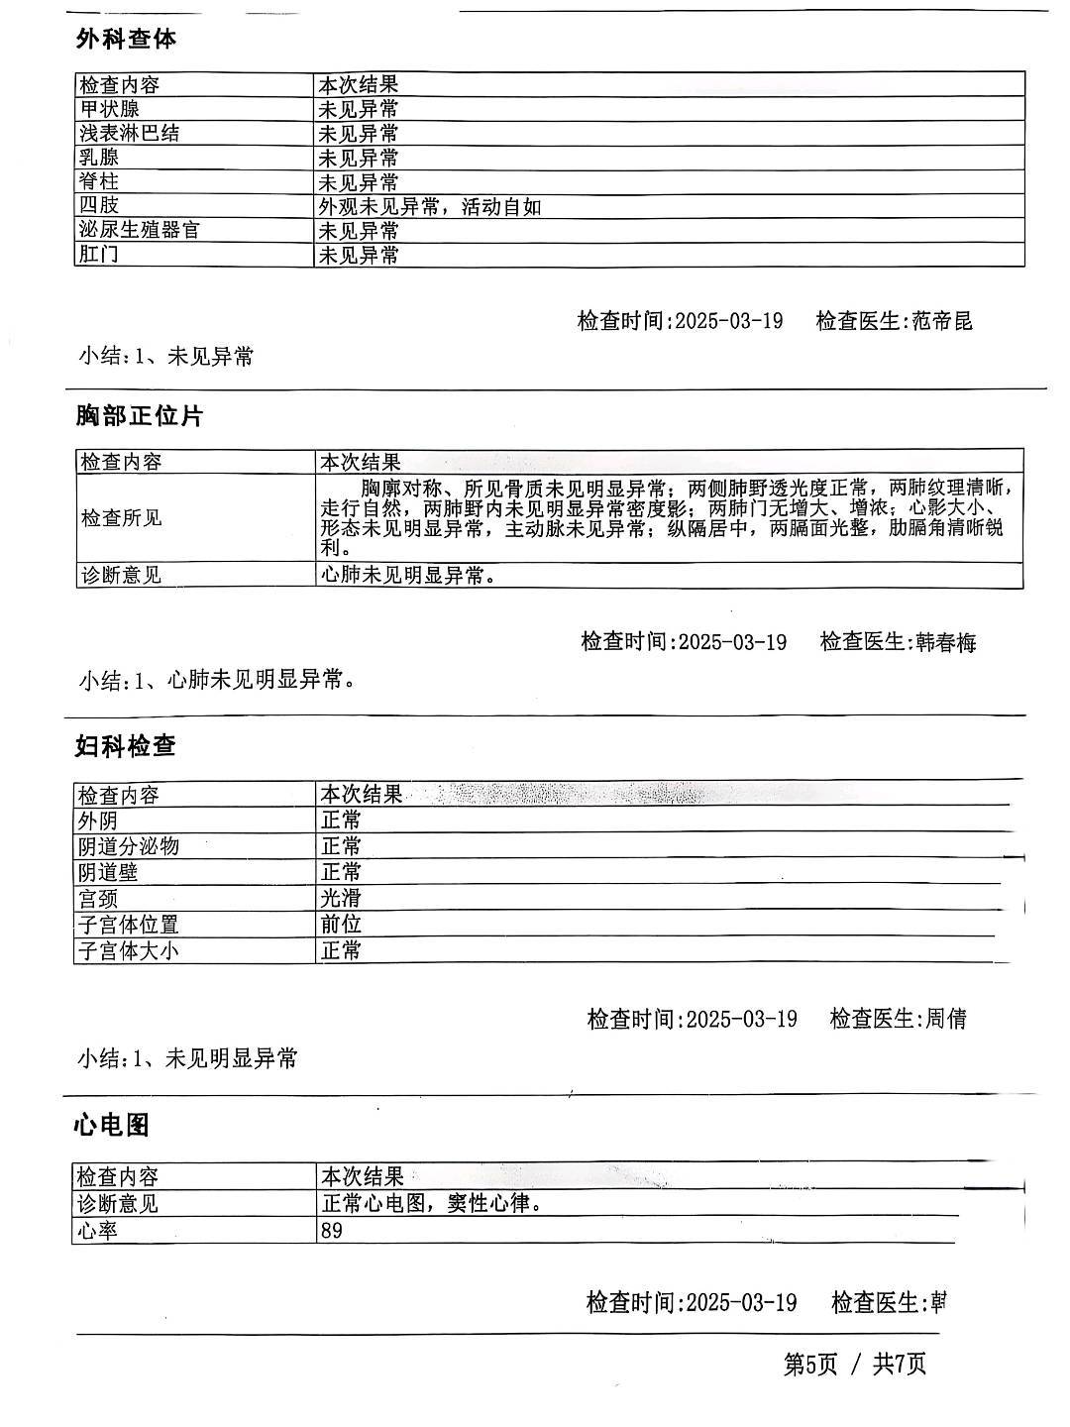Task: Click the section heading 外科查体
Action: point(126,39)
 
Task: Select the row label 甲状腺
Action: point(109,109)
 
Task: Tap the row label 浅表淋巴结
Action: point(129,133)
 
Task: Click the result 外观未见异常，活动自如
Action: point(429,206)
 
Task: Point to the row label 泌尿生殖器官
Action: point(139,230)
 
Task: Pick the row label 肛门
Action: point(99,255)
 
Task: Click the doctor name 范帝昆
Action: point(942,321)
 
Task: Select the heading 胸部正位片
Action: point(139,416)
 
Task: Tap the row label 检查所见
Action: point(120,518)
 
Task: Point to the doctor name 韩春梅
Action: point(946,642)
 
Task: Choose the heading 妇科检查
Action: point(126,745)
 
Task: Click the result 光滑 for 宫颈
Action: point(341,898)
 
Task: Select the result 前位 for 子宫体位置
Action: point(341,925)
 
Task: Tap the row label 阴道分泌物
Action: point(129,846)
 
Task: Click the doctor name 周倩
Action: point(945,1019)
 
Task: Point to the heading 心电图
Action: point(112,1125)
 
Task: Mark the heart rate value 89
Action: point(332,1232)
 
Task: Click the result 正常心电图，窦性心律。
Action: point(432,1204)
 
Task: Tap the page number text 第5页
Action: point(810,1365)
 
